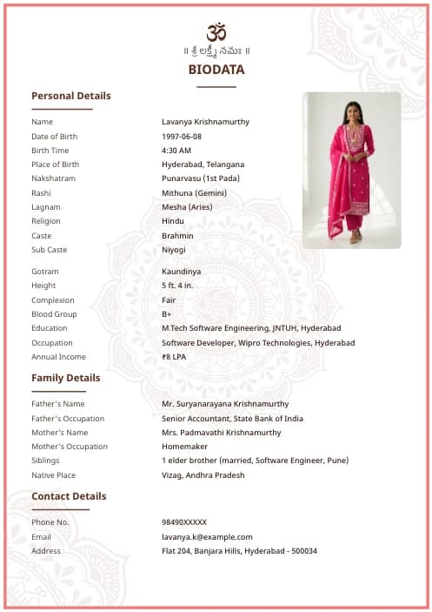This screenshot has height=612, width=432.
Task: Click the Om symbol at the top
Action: [x=216, y=32]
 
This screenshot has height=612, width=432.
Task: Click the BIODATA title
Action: [x=216, y=70]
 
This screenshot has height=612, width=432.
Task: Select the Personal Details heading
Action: [x=71, y=96]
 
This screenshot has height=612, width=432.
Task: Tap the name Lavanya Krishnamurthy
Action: [x=205, y=122]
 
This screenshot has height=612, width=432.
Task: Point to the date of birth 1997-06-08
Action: [x=182, y=137]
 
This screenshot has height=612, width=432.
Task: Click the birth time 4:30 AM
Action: [x=176, y=151]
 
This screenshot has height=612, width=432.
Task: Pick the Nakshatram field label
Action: [x=53, y=178]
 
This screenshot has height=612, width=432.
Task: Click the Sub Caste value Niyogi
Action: [x=174, y=250]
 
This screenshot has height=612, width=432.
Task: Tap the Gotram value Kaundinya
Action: [x=181, y=272]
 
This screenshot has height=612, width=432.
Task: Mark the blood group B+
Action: [x=167, y=314]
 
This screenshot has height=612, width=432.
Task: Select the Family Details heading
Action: [x=66, y=378]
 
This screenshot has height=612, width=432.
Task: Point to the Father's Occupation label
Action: [x=68, y=419]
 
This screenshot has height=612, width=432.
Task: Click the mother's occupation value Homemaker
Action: [x=184, y=447]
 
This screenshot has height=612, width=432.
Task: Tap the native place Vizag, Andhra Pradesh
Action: [x=203, y=475]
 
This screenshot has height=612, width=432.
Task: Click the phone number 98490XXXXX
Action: [x=184, y=522]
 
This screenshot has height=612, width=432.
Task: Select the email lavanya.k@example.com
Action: [x=207, y=537]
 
